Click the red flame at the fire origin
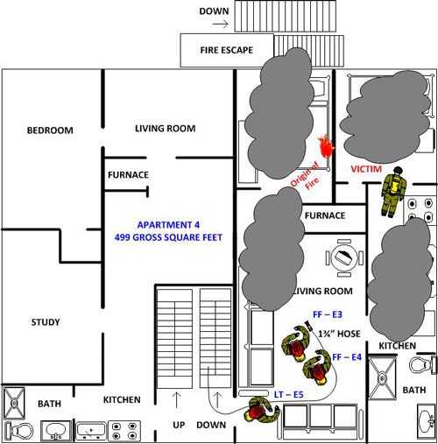[327, 147]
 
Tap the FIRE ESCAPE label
[226, 50]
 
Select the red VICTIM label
[366, 169]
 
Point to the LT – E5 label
[288, 395]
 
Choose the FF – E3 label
[328, 314]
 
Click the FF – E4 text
[347, 357]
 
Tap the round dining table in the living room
[344, 257]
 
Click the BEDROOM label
[50, 130]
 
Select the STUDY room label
[46, 322]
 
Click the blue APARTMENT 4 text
[168, 225]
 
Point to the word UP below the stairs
[179, 425]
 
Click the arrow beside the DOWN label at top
[220, 24]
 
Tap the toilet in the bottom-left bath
[19, 430]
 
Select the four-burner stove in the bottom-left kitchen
[124, 431]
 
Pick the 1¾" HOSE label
[339, 334]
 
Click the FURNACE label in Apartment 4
[128, 175]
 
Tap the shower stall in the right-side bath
[382, 378]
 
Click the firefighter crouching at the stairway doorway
[261, 409]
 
